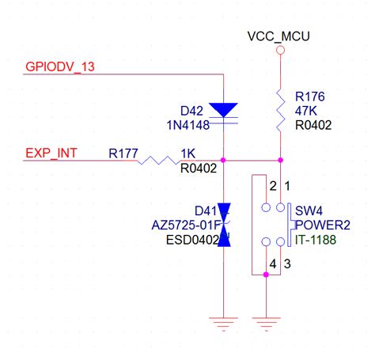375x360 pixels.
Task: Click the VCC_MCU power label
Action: pos(278,36)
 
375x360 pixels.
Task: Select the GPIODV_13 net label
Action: pos(60,67)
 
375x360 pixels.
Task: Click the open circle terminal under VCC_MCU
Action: pos(279,50)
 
